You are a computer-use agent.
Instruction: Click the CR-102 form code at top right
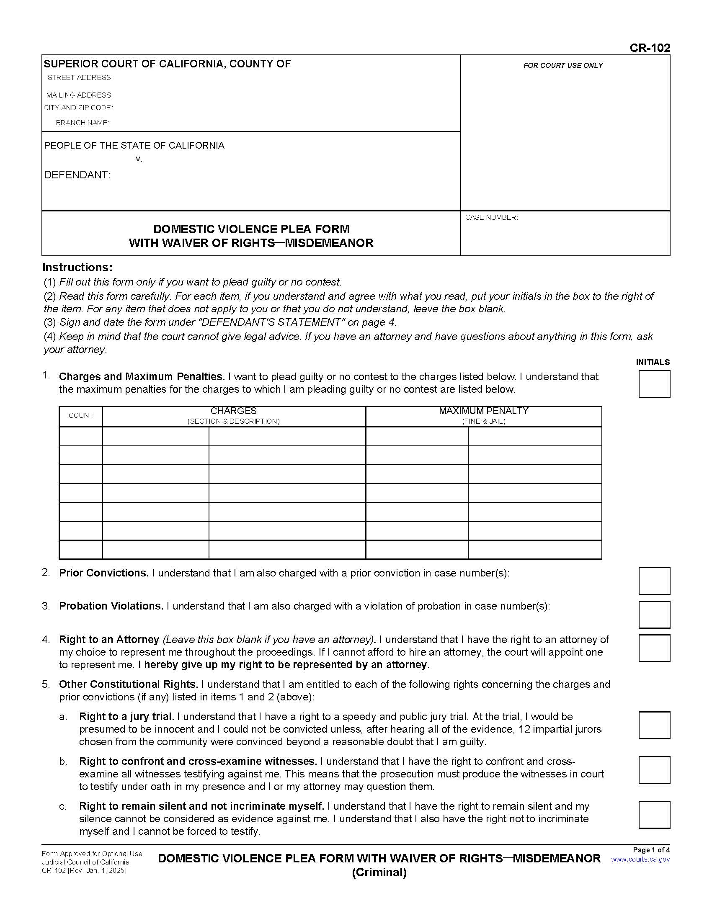650,48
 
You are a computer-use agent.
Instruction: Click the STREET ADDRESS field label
80,77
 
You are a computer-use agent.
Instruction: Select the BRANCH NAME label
82,123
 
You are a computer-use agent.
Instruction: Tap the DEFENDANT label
77,175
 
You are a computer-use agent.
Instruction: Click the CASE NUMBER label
491,217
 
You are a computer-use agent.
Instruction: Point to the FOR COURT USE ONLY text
562,65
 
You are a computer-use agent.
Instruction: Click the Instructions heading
77,268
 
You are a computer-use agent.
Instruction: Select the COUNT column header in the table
80,415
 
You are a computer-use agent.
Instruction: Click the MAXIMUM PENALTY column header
483,411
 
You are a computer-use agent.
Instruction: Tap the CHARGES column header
233,411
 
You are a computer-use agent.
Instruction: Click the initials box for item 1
654,384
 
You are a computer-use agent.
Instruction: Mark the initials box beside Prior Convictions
654,581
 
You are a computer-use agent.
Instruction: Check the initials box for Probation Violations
654,615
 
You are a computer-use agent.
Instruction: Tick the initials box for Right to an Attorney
654,648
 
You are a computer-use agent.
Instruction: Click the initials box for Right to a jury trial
654,725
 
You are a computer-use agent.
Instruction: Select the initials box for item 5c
654,815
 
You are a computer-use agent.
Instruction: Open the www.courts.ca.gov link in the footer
640,859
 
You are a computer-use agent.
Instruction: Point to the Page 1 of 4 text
651,850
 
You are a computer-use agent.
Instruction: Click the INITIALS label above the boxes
653,362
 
